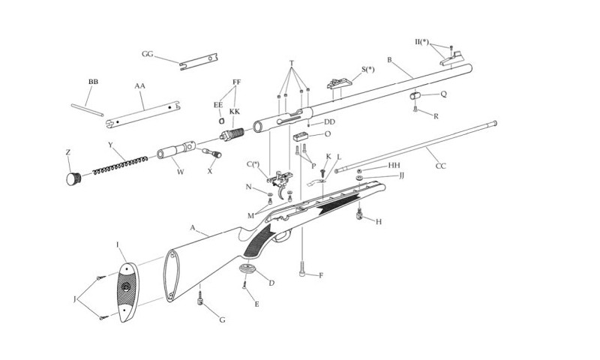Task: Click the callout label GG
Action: coord(147,54)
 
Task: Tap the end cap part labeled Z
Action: coord(73,178)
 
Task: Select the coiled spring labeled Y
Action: coord(120,165)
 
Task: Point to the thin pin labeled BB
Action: coord(87,110)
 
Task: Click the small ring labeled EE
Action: coord(221,121)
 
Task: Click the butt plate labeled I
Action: coord(127,292)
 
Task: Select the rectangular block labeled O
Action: coord(301,136)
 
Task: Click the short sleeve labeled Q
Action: coord(415,96)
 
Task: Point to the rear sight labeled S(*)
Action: coord(339,83)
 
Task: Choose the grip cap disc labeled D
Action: coord(247,268)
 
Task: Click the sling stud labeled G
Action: coord(199,298)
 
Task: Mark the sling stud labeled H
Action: coord(359,214)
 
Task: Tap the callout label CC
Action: coord(440,166)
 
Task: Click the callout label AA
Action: coord(139,86)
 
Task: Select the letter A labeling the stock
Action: coord(193,228)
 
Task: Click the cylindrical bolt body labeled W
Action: coord(177,149)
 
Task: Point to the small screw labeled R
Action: coord(415,109)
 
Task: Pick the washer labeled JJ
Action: coord(360,178)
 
